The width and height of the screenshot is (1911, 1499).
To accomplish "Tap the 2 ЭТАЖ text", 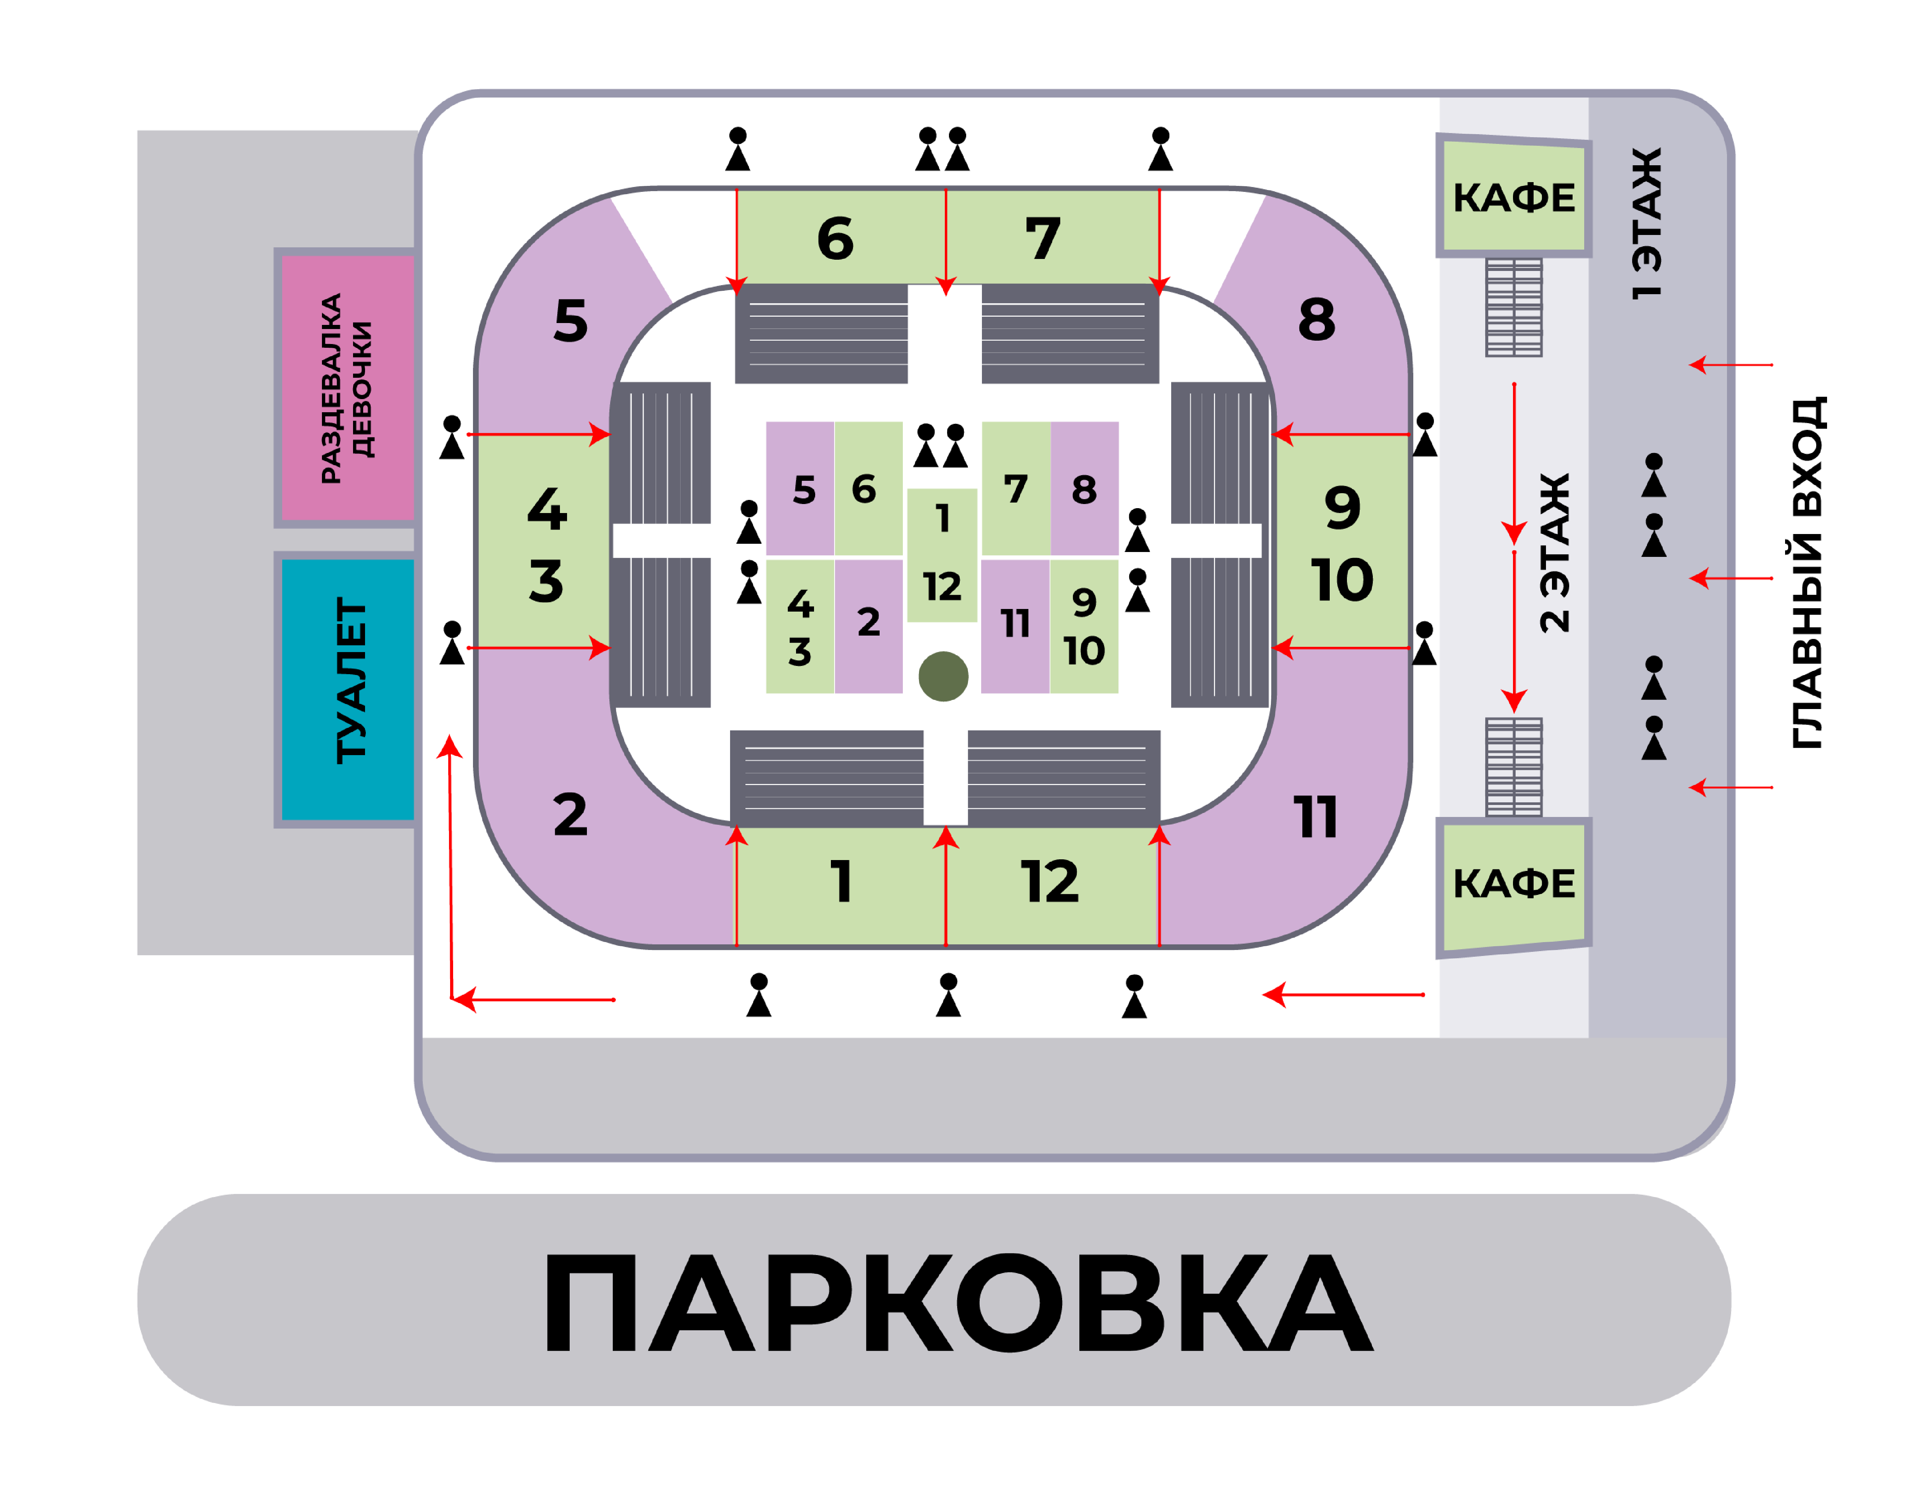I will point(1555,553).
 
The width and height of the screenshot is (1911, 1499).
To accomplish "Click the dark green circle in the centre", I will point(944,677).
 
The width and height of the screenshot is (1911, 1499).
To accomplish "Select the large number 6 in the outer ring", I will point(835,239).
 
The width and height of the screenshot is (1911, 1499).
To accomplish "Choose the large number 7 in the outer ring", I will point(1043,239).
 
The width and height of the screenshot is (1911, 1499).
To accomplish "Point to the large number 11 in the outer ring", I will point(1316,818).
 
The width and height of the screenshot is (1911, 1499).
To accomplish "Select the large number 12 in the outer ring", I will point(1050,882).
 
